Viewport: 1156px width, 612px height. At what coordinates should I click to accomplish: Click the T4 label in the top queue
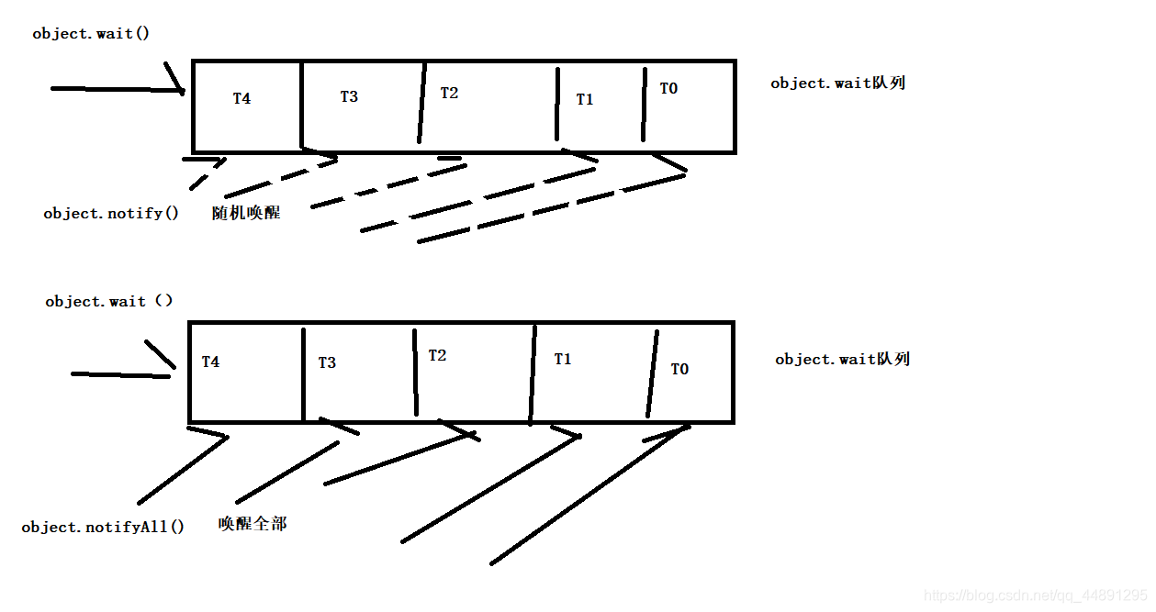pyautogui.click(x=241, y=98)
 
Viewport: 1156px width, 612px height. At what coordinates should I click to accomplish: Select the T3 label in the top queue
pyautogui.click(x=349, y=96)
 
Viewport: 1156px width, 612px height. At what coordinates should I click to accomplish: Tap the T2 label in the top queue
pyautogui.click(x=449, y=93)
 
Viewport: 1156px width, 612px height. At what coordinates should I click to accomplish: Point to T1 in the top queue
pyautogui.click(x=585, y=99)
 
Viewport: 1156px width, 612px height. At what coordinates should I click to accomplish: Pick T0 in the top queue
pyautogui.click(x=668, y=88)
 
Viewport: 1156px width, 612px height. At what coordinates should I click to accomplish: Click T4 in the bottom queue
pyautogui.click(x=210, y=362)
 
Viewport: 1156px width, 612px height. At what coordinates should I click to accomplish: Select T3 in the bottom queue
pyautogui.click(x=327, y=362)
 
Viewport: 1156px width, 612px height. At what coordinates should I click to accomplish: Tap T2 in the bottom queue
pyautogui.click(x=437, y=355)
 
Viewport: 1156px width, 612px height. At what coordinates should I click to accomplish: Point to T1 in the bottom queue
pyautogui.click(x=563, y=359)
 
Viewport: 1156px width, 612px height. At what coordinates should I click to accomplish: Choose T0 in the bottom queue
pyautogui.click(x=679, y=369)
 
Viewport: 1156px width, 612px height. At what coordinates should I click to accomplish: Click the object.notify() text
pyautogui.click(x=111, y=213)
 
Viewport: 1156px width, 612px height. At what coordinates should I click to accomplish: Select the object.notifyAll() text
pyautogui.click(x=103, y=527)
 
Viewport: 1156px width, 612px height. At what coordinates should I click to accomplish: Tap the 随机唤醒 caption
pyautogui.click(x=246, y=213)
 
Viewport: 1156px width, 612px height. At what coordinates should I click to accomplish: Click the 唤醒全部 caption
pyautogui.click(x=253, y=523)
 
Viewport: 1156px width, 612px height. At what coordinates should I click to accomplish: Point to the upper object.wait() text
pyautogui.click(x=91, y=33)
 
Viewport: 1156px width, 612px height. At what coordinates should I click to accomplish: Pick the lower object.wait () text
pyautogui.click(x=109, y=301)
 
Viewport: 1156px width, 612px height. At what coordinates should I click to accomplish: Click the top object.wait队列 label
pyautogui.click(x=837, y=83)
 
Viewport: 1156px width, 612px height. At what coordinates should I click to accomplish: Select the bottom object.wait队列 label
pyautogui.click(x=842, y=359)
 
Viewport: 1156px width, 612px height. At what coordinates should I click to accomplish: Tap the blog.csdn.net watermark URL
pyautogui.click(x=1035, y=595)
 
